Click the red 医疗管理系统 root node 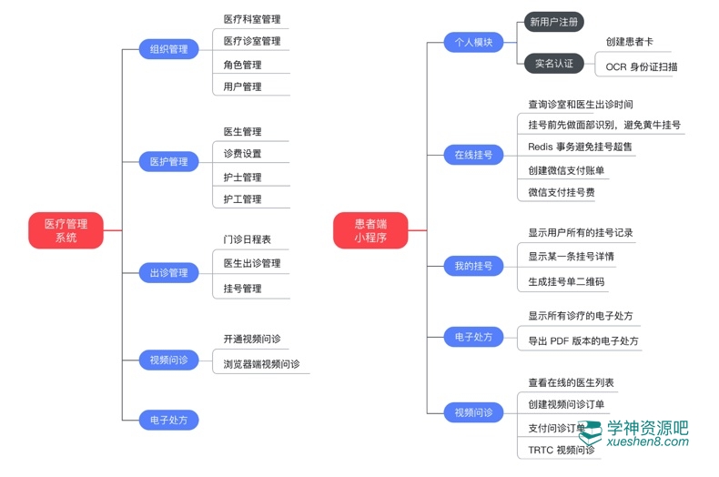[x=65, y=230]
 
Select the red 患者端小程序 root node [x=370, y=230]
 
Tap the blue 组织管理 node [x=169, y=49]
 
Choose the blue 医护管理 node [x=169, y=161]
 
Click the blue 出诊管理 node [x=169, y=273]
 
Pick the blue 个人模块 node [x=473, y=42]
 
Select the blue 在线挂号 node [x=473, y=155]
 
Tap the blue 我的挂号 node [x=473, y=266]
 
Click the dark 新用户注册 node [x=553, y=21]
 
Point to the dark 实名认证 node [x=553, y=64]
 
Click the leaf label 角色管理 [x=242, y=65]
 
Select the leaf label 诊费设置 [x=242, y=154]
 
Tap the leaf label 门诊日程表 [x=247, y=239]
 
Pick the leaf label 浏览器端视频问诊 [x=261, y=364]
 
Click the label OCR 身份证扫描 [x=642, y=66]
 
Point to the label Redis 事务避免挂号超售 [x=580, y=147]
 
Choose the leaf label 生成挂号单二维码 [x=566, y=282]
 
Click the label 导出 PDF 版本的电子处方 [x=583, y=341]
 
